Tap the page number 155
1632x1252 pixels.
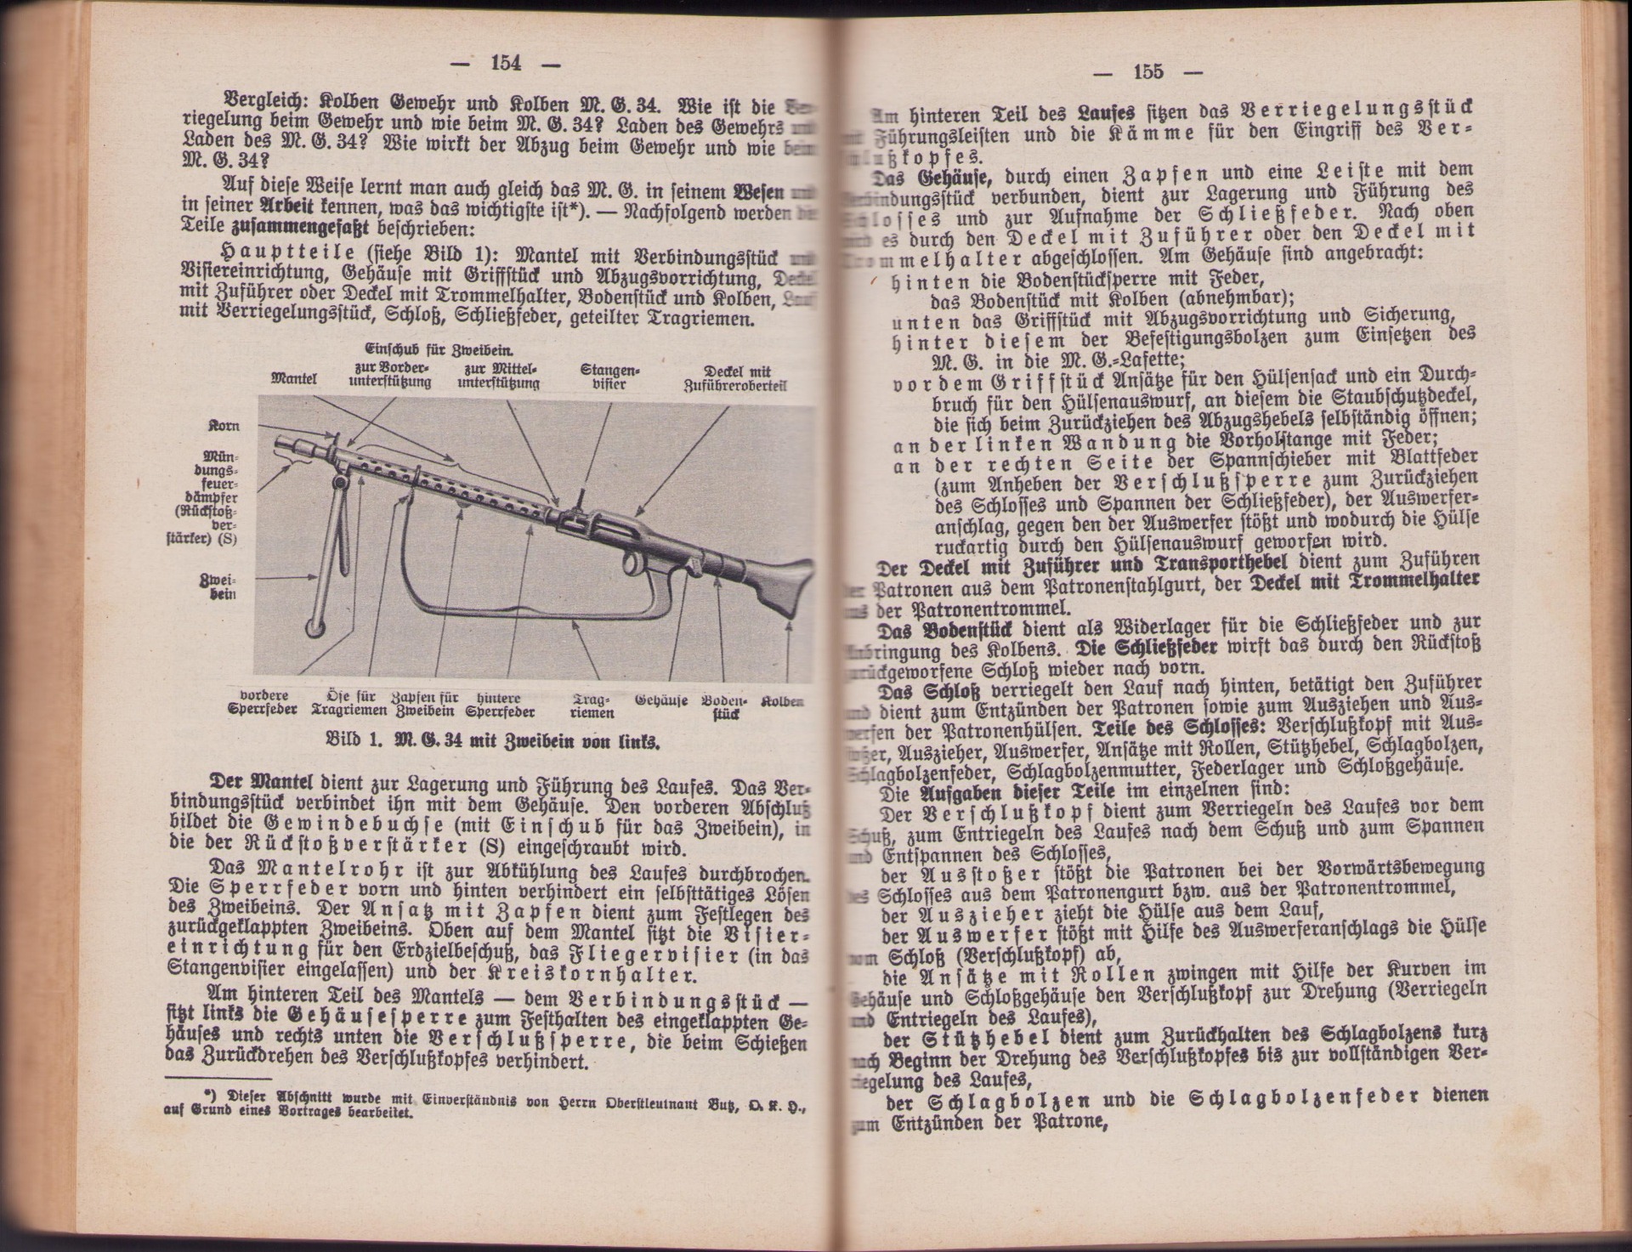click(x=1147, y=71)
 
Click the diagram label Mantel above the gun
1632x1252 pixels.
click(x=293, y=379)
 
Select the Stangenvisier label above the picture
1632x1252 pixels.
click(x=609, y=377)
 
